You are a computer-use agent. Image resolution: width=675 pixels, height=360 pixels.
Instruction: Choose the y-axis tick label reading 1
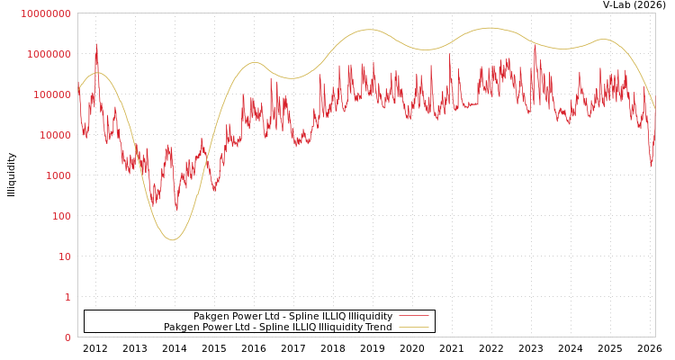pyautogui.click(x=67, y=297)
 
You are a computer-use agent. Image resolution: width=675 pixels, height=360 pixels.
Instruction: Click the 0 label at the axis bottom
pyautogui.click(x=67, y=337)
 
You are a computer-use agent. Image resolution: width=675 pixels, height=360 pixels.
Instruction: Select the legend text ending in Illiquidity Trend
pyautogui.click(x=277, y=328)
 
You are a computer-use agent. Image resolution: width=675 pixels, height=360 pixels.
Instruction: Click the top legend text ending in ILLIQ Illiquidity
pyautogui.click(x=292, y=317)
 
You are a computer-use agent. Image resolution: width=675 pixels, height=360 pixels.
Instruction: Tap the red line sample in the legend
pyautogui.click(x=413, y=317)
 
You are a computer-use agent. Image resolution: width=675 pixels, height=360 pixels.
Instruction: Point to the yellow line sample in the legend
pyautogui.click(x=413, y=328)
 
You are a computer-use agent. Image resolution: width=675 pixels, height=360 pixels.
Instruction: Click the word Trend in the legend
pyautogui.click(x=377, y=328)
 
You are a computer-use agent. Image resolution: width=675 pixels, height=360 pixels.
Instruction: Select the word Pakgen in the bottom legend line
pyautogui.click(x=182, y=328)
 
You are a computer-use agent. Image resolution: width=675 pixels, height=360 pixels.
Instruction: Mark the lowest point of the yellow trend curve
pyautogui.click(x=173, y=240)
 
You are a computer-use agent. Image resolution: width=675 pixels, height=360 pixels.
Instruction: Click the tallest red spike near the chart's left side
pyautogui.click(x=97, y=45)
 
